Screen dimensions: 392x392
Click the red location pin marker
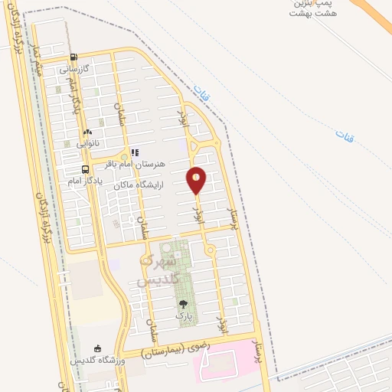197,180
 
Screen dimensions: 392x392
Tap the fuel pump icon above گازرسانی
73,57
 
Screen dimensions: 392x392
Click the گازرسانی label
75,68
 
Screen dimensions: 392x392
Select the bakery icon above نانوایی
87,132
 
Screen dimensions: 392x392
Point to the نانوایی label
87,142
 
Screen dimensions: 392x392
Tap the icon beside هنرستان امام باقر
135,152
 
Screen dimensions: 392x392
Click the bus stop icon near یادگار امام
86,170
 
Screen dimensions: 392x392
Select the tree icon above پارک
181,305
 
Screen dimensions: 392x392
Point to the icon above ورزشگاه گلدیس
96,348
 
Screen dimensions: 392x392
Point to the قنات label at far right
345,136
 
